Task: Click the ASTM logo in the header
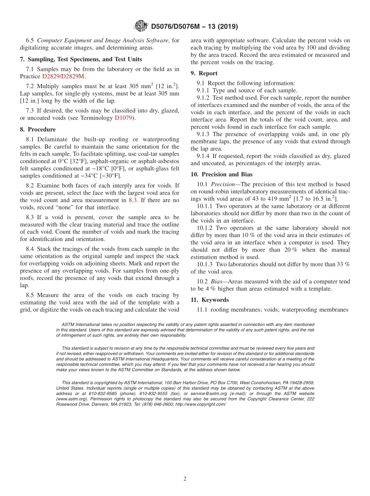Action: pyautogui.click(x=141, y=26)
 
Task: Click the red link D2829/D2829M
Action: pyautogui.click(x=63, y=76)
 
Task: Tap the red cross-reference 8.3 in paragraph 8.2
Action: pyautogui.click(x=133, y=200)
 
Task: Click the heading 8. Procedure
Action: pyautogui.click(x=38, y=129)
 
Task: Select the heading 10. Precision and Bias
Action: pyautogui.click(x=222, y=174)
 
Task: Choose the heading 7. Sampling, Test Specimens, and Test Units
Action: pyautogui.click(x=81, y=59)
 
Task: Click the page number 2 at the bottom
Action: pyautogui.click(x=185, y=479)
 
